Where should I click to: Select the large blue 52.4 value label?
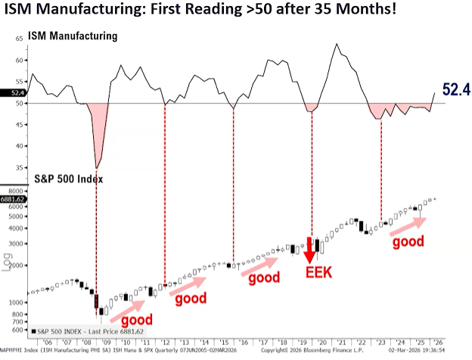click(x=456, y=90)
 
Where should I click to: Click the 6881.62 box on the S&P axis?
click(x=14, y=199)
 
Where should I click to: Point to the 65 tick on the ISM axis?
click(x=19, y=37)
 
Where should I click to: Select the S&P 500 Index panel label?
click(x=70, y=179)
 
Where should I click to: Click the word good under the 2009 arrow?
click(x=138, y=319)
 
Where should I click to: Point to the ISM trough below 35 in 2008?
click(x=97, y=166)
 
